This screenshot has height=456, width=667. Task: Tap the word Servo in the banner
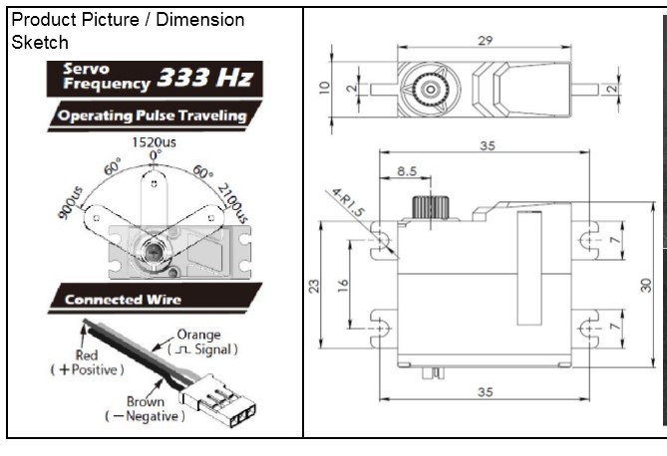point(83,70)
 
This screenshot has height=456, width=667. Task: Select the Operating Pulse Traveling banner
point(151,115)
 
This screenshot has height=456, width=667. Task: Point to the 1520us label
point(154,141)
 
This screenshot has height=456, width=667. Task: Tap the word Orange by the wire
point(198,335)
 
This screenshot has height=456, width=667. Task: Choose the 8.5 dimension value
point(406,171)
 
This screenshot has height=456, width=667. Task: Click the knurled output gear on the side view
point(430,208)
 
